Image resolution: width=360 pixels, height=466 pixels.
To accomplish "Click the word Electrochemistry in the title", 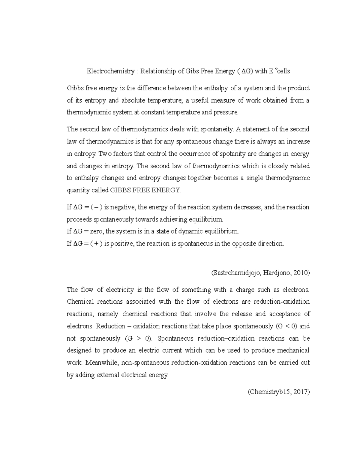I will (x=111, y=71).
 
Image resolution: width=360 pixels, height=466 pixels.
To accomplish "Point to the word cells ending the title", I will (x=283, y=71).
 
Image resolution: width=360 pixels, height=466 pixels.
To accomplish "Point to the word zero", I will (x=97, y=231).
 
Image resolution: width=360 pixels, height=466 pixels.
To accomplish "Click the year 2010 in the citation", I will (x=301, y=273).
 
